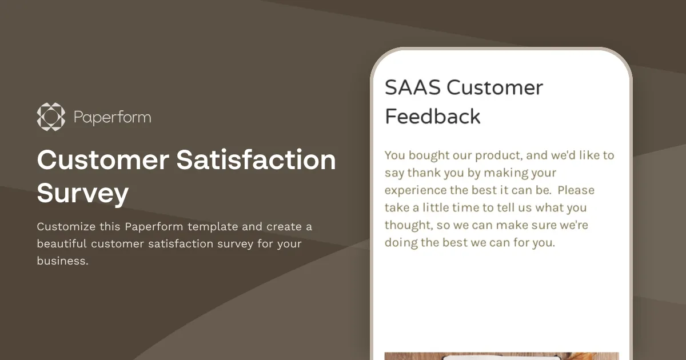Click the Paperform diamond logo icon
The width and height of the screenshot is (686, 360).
point(51,117)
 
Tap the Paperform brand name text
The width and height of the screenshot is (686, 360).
point(113,118)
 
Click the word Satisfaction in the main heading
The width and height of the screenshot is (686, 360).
point(256,160)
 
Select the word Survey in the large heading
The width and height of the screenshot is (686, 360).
point(82,194)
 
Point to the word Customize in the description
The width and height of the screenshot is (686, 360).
point(66,227)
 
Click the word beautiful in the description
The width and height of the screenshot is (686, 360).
point(62,244)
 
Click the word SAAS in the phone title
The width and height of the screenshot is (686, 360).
point(413,88)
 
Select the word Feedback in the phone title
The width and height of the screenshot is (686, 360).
point(433,117)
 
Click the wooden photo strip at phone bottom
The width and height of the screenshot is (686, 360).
point(501,355)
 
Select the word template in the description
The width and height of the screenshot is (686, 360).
point(213,227)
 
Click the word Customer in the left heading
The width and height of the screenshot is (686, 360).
point(102,160)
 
